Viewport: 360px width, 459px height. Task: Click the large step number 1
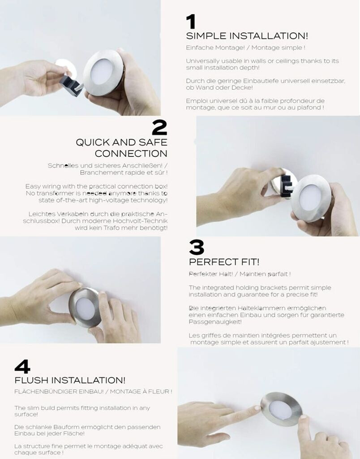(x=191, y=22)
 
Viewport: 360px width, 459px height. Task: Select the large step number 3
(x=197, y=247)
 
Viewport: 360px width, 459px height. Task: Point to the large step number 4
(x=22, y=367)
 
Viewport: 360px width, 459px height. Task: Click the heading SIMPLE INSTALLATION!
(x=247, y=36)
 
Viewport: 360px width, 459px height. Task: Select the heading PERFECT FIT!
(x=224, y=262)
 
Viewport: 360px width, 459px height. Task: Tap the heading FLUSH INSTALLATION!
(x=70, y=380)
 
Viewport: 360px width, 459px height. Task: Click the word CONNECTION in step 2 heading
(x=131, y=153)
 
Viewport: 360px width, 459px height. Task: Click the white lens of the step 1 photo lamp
(x=102, y=72)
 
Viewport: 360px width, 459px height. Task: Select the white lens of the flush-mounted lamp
(x=280, y=410)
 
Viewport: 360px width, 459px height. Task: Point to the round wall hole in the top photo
(x=67, y=69)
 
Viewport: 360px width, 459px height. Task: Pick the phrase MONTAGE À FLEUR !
(x=141, y=391)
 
